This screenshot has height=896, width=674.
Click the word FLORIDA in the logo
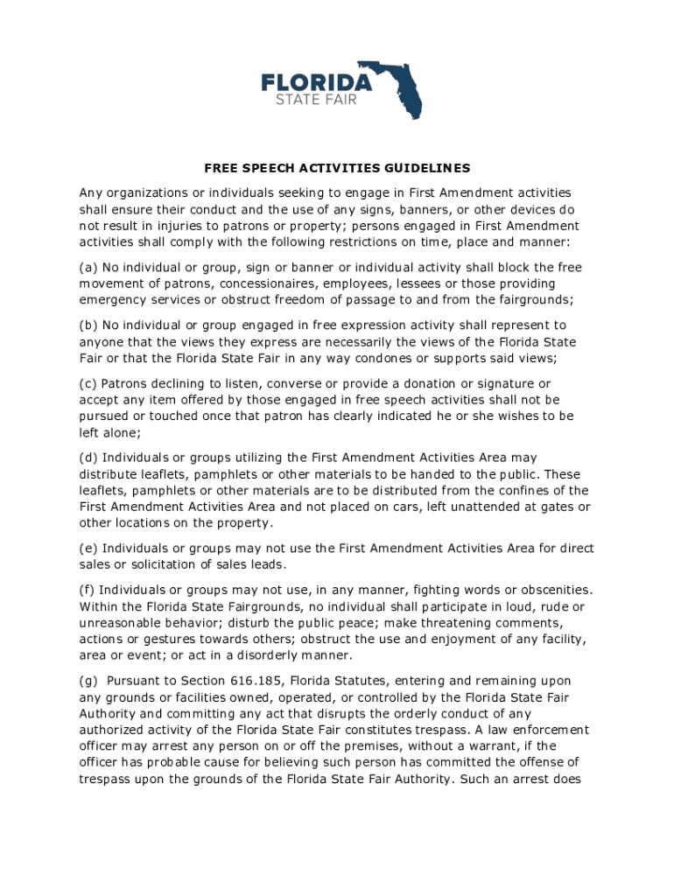click(x=317, y=82)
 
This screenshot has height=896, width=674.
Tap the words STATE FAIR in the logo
click(x=316, y=99)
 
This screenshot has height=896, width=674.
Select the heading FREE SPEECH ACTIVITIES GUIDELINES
click(x=337, y=168)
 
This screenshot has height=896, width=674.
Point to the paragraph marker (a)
click(x=88, y=268)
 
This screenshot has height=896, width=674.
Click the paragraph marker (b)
click(x=88, y=325)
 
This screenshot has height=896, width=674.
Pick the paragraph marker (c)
click(x=88, y=383)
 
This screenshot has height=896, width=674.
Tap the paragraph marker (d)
click(x=88, y=458)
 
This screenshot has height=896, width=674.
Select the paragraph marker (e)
click(x=88, y=549)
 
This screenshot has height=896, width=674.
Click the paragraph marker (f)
click(x=88, y=590)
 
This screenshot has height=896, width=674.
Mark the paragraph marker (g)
click(x=88, y=681)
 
